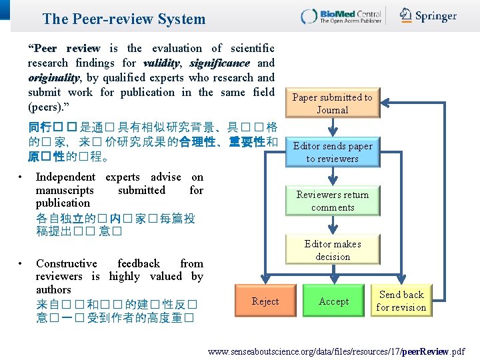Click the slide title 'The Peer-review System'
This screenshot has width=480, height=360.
[x=124, y=19]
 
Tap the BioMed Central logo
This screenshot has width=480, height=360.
[x=340, y=16]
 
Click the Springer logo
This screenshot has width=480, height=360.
[x=428, y=15]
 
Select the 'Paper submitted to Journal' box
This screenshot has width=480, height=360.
[x=333, y=103]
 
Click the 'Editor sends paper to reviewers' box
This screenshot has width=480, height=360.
[x=333, y=152]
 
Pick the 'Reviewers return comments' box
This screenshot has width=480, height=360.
[x=333, y=201]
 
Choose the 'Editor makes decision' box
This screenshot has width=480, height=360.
[x=333, y=250]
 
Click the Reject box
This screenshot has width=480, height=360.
[x=265, y=301]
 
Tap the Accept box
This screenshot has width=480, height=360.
[x=333, y=301]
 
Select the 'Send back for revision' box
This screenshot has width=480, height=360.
[x=401, y=301]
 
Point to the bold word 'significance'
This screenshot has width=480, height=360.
[x=219, y=63]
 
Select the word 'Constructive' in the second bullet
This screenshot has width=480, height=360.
[x=67, y=263]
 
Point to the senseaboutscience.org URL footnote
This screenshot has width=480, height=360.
[x=337, y=351]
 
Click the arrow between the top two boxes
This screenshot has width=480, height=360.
[x=333, y=127]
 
